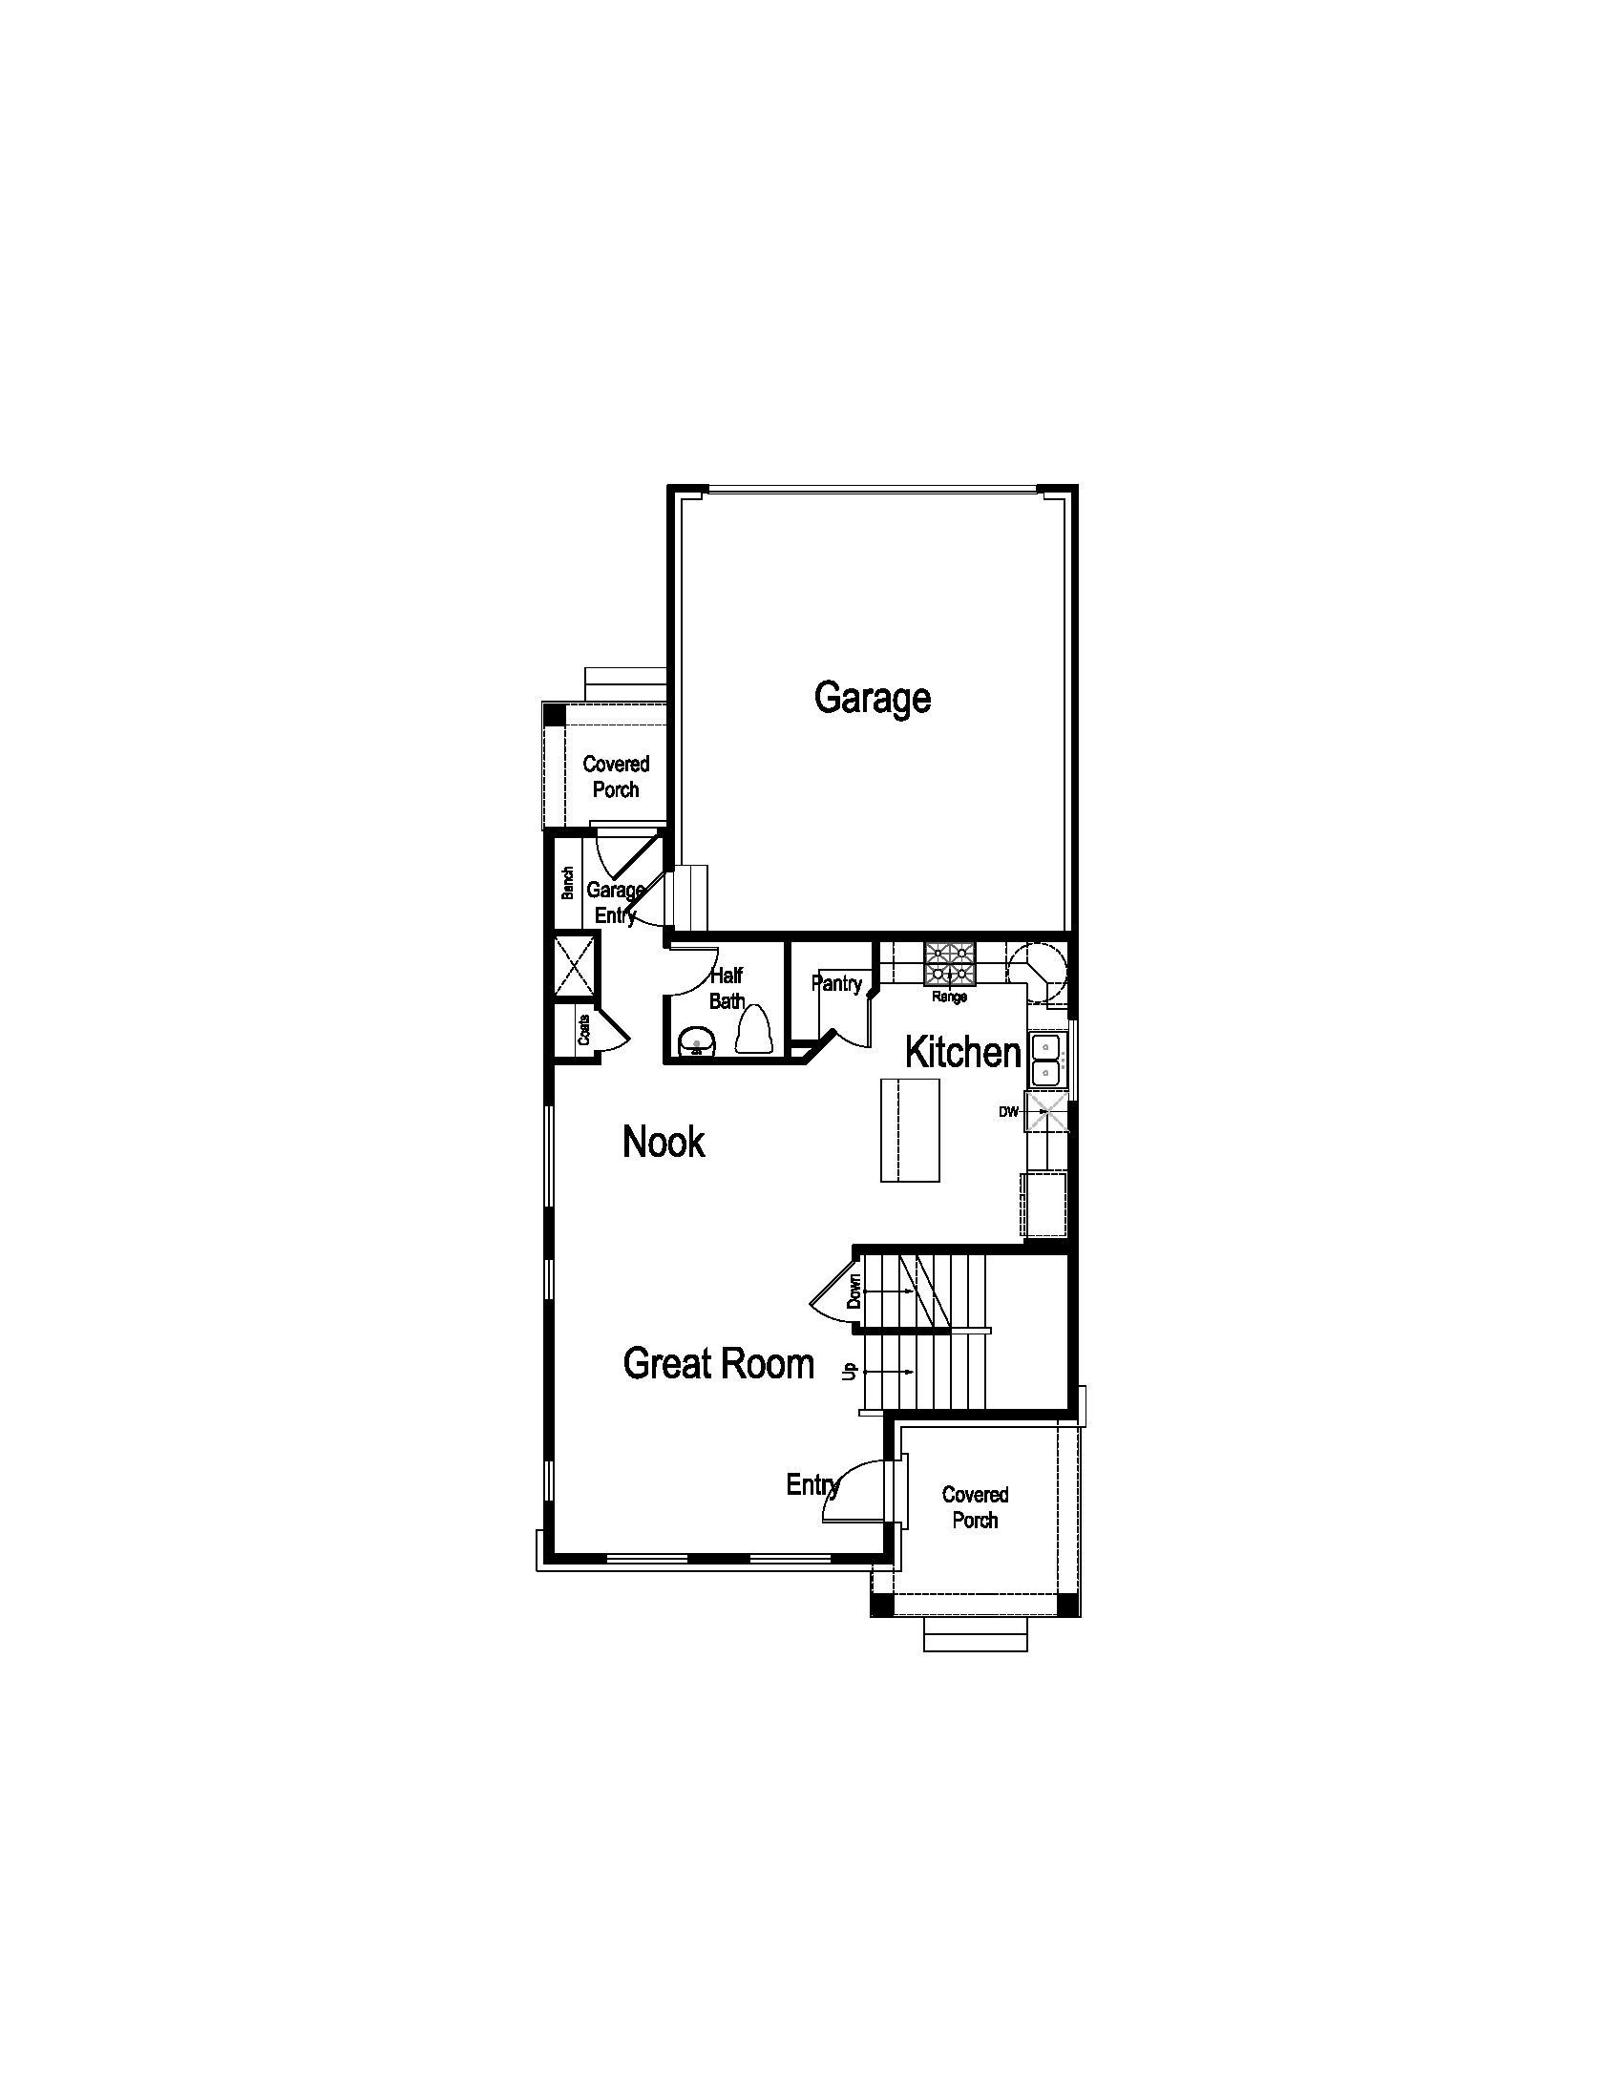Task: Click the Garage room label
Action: (872, 698)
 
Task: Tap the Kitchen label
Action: (962, 1053)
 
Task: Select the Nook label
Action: (664, 1143)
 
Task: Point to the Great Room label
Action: (718, 1364)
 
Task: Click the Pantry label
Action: (836, 983)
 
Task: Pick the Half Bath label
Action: (727, 989)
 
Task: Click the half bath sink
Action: (696, 1042)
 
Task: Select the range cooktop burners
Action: (949, 962)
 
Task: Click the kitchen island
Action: (910, 1130)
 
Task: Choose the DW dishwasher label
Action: (1007, 1112)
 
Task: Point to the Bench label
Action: (567, 883)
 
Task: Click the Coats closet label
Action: (583, 1031)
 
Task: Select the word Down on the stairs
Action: (854, 1291)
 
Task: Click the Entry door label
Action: (812, 1485)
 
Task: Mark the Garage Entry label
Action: (616, 903)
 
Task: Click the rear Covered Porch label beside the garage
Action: (616, 777)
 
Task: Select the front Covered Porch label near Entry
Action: (975, 1507)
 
